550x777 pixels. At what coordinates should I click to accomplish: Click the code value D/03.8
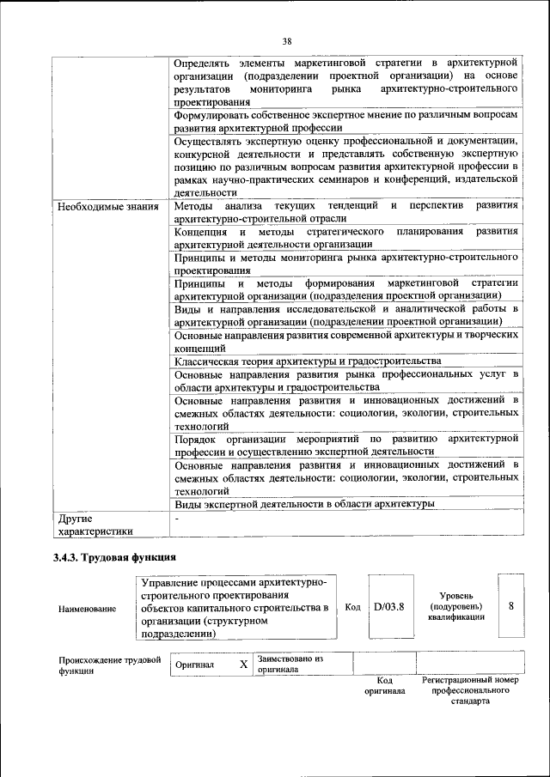(389, 607)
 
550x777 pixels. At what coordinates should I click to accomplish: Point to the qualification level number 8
(511, 606)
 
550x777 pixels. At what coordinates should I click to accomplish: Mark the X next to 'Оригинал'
(243, 665)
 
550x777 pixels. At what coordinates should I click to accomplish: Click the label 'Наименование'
(87, 609)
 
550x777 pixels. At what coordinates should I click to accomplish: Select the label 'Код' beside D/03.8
(352, 607)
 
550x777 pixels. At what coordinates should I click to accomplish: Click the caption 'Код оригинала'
(384, 685)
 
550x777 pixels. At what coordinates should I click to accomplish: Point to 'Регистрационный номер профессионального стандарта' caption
(470, 690)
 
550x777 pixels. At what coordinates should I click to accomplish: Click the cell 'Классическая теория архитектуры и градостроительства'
(307, 361)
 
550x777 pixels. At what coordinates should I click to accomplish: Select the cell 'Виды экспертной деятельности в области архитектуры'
(303, 503)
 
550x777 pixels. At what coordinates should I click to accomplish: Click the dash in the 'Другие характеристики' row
(176, 519)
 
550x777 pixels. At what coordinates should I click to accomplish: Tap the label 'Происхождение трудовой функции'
(110, 665)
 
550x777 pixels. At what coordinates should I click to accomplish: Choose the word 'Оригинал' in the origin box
(194, 665)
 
